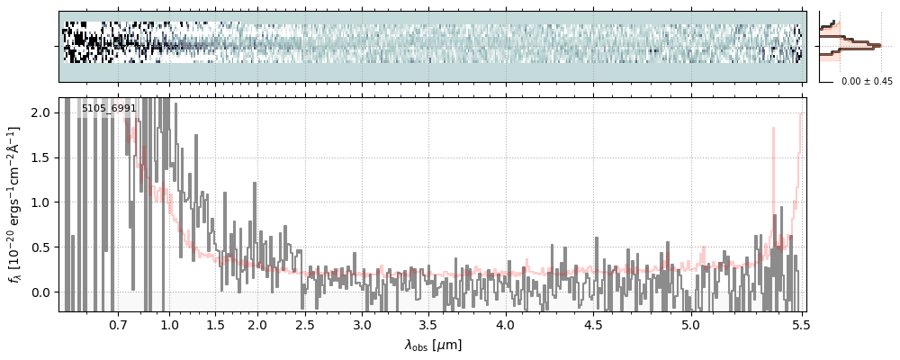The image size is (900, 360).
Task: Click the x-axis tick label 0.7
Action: click(x=118, y=324)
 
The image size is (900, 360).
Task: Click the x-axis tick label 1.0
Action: click(x=169, y=324)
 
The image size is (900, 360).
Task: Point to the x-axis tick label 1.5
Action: click(x=216, y=324)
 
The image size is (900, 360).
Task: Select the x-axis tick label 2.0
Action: click(x=257, y=324)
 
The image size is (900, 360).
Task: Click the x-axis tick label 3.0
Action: click(x=362, y=324)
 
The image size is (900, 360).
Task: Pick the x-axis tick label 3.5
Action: click(x=434, y=324)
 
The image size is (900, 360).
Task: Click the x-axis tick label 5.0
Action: click(x=690, y=324)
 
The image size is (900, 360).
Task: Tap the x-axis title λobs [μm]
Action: click(x=433, y=345)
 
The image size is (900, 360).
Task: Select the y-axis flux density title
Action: click(x=15, y=204)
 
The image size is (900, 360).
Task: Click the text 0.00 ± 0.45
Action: click(x=867, y=82)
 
